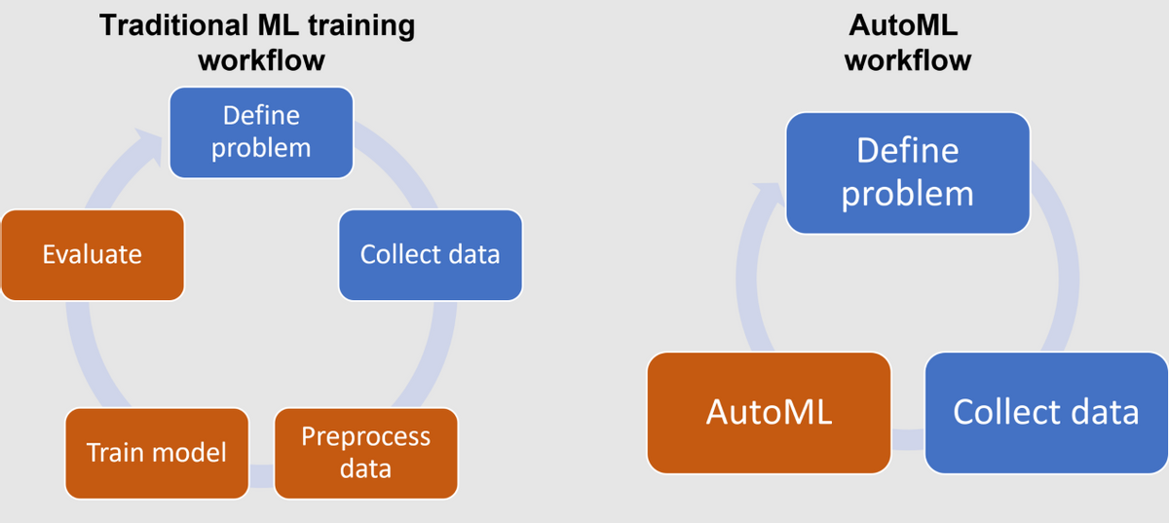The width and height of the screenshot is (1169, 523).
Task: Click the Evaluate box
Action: (93, 255)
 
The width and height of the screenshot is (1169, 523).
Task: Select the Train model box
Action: (157, 453)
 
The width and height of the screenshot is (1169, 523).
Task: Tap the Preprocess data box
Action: (365, 453)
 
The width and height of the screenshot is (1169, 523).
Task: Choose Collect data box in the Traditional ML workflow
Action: (430, 255)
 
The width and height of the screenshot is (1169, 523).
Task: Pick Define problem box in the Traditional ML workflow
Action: (261, 131)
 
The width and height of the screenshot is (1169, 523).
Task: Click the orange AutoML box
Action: (769, 412)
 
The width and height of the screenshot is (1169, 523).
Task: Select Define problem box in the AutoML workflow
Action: (907, 172)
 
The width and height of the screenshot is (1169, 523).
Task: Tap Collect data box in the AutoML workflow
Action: (1045, 412)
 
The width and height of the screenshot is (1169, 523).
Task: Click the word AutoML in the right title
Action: (907, 26)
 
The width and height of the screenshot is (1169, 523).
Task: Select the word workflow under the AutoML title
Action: (907, 60)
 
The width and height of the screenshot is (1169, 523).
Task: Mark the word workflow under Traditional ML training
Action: (261, 60)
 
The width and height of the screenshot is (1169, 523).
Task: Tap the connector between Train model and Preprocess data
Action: (261, 475)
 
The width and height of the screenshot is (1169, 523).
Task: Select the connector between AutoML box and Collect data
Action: (907, 438)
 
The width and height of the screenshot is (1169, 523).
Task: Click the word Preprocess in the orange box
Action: (365, 436)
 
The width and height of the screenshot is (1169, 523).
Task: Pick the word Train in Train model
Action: (110, 453)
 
